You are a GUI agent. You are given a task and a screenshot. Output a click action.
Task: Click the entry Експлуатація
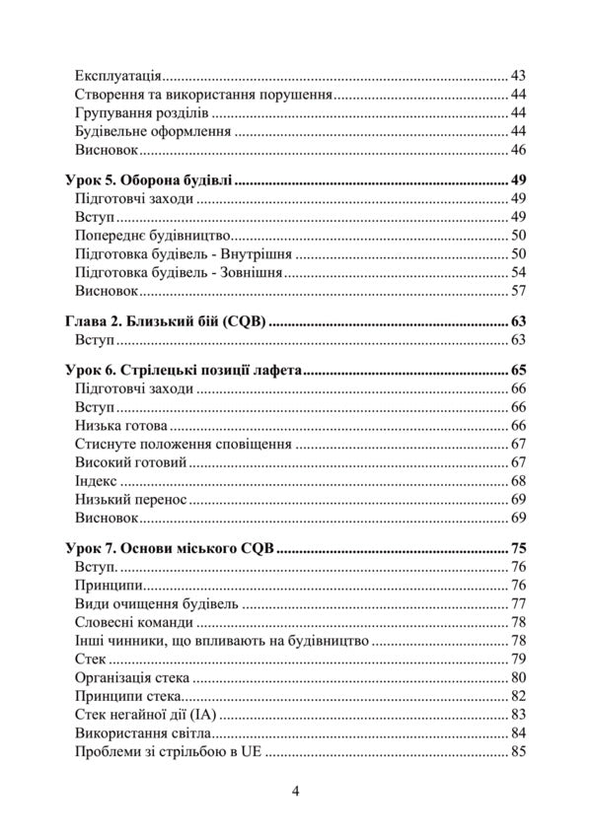pos(118,76)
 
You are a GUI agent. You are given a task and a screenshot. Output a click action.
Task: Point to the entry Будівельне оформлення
pos(152,132)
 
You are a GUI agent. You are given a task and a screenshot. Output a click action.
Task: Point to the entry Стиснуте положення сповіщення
pos(183,445)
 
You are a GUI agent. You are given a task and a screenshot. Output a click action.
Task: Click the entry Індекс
pos(96,481)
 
